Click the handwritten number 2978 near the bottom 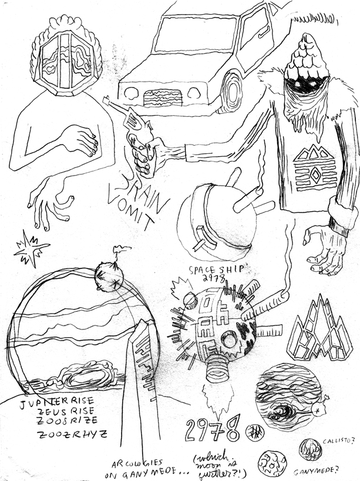(x=212, y=430)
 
